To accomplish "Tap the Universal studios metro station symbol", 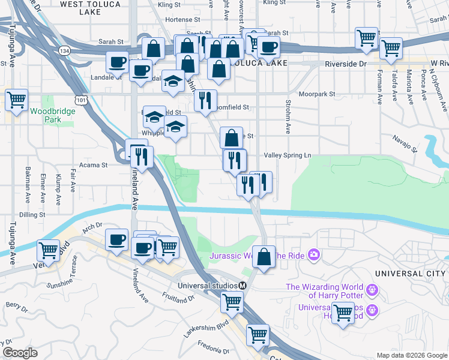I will pos(243,285).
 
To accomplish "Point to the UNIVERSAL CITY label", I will pos(411,274).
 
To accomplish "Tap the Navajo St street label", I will pos(405,142).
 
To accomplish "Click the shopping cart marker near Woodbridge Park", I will pos(16,100).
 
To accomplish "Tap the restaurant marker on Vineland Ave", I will pos(142,158).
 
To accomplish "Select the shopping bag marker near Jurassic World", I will pos(264,256).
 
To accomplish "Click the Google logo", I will pos(20,353).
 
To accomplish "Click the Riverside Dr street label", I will pos(345,64).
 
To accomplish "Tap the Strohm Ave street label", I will pos(288,121).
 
